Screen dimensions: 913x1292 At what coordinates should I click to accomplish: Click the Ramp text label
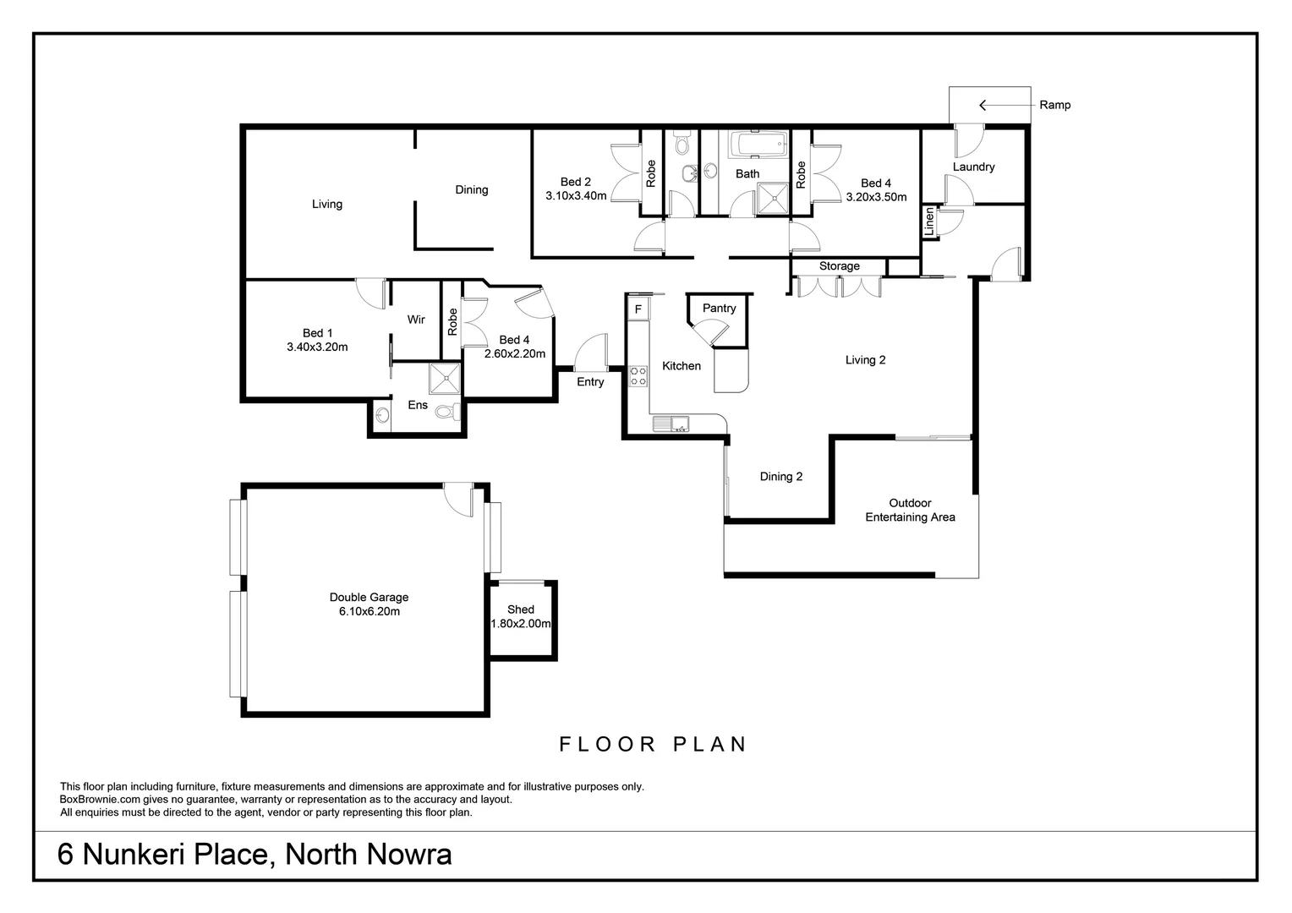[x=1054, y=105]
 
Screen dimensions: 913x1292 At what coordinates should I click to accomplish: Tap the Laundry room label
[x=973, y=167]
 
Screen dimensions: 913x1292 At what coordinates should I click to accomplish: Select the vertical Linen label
[x=929, y=221]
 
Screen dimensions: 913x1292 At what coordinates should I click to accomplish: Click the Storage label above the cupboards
[x=839, y=266]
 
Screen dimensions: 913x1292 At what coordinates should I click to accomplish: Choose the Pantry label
[x=719, y=308]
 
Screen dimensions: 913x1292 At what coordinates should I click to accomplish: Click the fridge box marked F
[x=638, y=309]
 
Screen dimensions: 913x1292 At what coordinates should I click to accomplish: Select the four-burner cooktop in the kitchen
[x=638, y=376]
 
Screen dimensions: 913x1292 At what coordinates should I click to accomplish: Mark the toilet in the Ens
[x=454, y=412]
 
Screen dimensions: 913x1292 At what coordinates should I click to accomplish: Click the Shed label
[x=521, y=610]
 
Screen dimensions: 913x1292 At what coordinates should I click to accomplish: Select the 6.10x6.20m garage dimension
[x=364, y=611]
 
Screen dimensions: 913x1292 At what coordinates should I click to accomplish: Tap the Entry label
[x=590, y=382]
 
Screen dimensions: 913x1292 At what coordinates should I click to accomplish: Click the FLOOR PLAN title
[x=654, y=744]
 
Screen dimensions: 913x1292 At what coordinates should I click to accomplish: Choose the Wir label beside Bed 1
[x=416, y=320]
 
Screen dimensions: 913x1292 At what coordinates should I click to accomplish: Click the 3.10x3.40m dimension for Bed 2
[x=576, y=196]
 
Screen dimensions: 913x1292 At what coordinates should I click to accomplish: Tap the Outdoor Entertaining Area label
[x=910, y=510]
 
